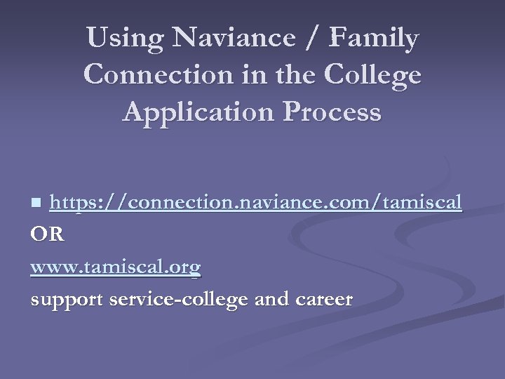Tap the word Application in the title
click(192, 112)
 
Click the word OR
click(48, 234)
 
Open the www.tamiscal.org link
click(116, 267)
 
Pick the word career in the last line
click(325, 300)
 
